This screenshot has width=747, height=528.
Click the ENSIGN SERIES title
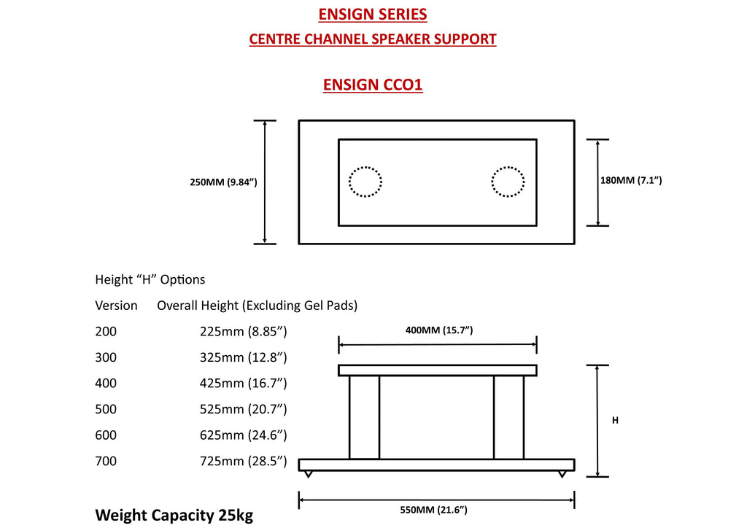[373, 15]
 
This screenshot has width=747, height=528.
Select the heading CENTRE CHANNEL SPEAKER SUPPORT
[373, 39]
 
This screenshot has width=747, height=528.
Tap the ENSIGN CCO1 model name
[373, 85]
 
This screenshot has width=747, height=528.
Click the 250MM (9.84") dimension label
[223, 182]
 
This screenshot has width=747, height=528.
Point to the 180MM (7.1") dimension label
[631, 180]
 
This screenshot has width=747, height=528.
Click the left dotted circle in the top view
[349, 182]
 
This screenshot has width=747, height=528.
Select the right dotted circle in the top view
[492, 182]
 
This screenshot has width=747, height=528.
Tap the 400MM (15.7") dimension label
[438, 330]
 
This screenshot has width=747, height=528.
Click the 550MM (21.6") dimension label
[433, 510]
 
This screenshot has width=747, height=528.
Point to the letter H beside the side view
[615, 420]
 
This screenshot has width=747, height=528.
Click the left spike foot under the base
[309, 474]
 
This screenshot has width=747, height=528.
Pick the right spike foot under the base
[562, 474]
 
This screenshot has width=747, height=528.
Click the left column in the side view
[365, 418]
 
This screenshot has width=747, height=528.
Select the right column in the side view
[508, 418]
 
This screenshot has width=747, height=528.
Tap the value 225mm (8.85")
[244, 331]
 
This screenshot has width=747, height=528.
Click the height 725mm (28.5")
[244, 461]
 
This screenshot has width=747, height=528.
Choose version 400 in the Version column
[106, 384]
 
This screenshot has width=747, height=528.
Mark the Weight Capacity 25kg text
[174, 515]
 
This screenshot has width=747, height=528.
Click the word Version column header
[116, 306]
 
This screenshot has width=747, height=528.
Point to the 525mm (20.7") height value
[244, 409]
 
